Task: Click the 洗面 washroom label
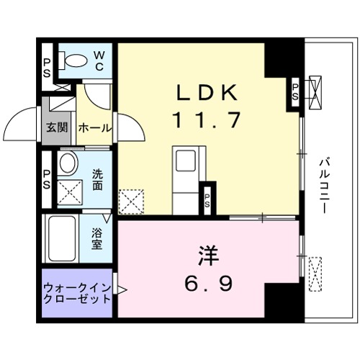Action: point(98,179)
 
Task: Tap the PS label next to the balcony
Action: point(295,91)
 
